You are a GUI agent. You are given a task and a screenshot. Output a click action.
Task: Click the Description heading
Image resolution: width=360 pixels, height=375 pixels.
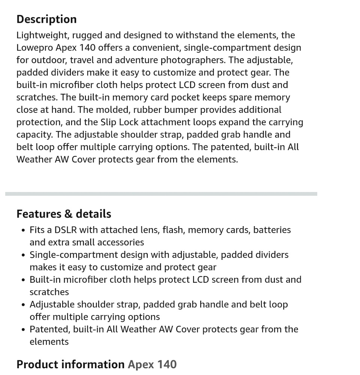[46, 19]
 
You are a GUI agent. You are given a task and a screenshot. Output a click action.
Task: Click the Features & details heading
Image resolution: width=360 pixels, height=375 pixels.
[64, 214]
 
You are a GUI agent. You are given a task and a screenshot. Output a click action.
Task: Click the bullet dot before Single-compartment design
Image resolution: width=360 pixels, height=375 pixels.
[23, 255]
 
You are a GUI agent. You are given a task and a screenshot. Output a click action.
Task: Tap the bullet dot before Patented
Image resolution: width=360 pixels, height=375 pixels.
[23, 330]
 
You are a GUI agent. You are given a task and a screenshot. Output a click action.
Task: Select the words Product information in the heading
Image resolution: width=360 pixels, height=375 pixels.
[70, 364]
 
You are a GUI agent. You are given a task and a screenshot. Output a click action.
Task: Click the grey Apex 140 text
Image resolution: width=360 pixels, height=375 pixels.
[152, 364]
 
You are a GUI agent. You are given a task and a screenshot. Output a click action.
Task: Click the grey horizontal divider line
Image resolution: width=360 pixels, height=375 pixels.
[161, 194]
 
